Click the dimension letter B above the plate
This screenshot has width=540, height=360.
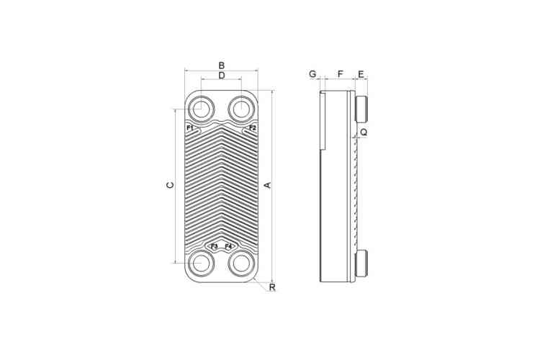click(222, 66)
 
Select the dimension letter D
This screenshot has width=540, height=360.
click(222, 76)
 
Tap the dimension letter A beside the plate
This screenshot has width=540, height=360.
click(268, 185)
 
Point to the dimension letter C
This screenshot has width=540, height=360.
click(170, 185)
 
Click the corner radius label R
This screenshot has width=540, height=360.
click(272, 287)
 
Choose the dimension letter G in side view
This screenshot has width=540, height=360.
click(312, 74)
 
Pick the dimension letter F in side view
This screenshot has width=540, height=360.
click(341, 74)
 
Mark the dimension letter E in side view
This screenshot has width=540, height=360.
click(361, 74)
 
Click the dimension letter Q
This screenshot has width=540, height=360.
click(364, 132)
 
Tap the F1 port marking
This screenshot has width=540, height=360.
click(190, 128)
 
